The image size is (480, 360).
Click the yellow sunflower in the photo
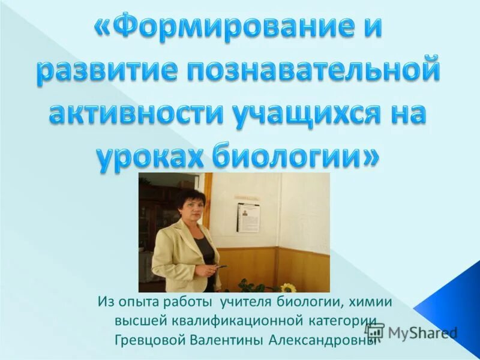point(287,287)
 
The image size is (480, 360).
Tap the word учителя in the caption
point(247,301)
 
